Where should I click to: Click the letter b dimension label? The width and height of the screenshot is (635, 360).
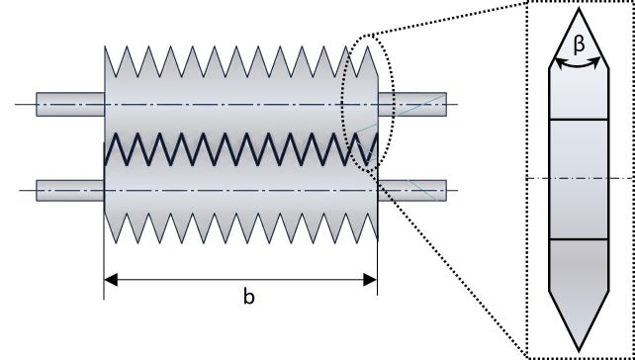tap(248, 298)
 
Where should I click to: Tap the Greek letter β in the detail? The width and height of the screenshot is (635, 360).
tap(580, 45)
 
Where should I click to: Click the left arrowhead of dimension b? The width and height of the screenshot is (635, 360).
tap(111, 280)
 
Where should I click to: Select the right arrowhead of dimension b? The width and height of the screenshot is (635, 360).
tap(370, 280)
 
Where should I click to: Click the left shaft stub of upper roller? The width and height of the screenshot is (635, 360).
tap(70, 105)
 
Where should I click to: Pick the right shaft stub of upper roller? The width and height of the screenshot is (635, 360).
tap(412, 105)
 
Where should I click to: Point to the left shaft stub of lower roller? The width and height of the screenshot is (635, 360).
tap(70, 190)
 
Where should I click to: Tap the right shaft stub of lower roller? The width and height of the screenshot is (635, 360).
tap(412, 190)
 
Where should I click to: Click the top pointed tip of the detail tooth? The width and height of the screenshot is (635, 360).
tap(579, 8)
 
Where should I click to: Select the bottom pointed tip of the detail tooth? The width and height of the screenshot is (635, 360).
tap(579, 351)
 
